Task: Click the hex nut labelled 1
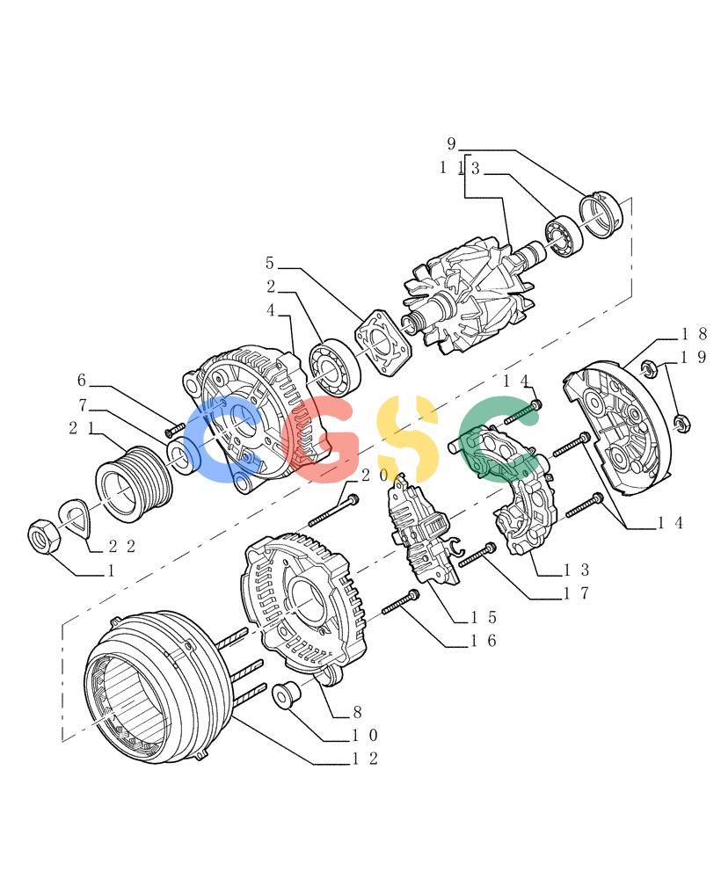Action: coord(44,535)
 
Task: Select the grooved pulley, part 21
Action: coord(134,483)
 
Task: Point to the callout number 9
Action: coord(451,144)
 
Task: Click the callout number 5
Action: coord(270,262)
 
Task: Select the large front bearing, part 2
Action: coord(335,367)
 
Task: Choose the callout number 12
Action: coord(365,759)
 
